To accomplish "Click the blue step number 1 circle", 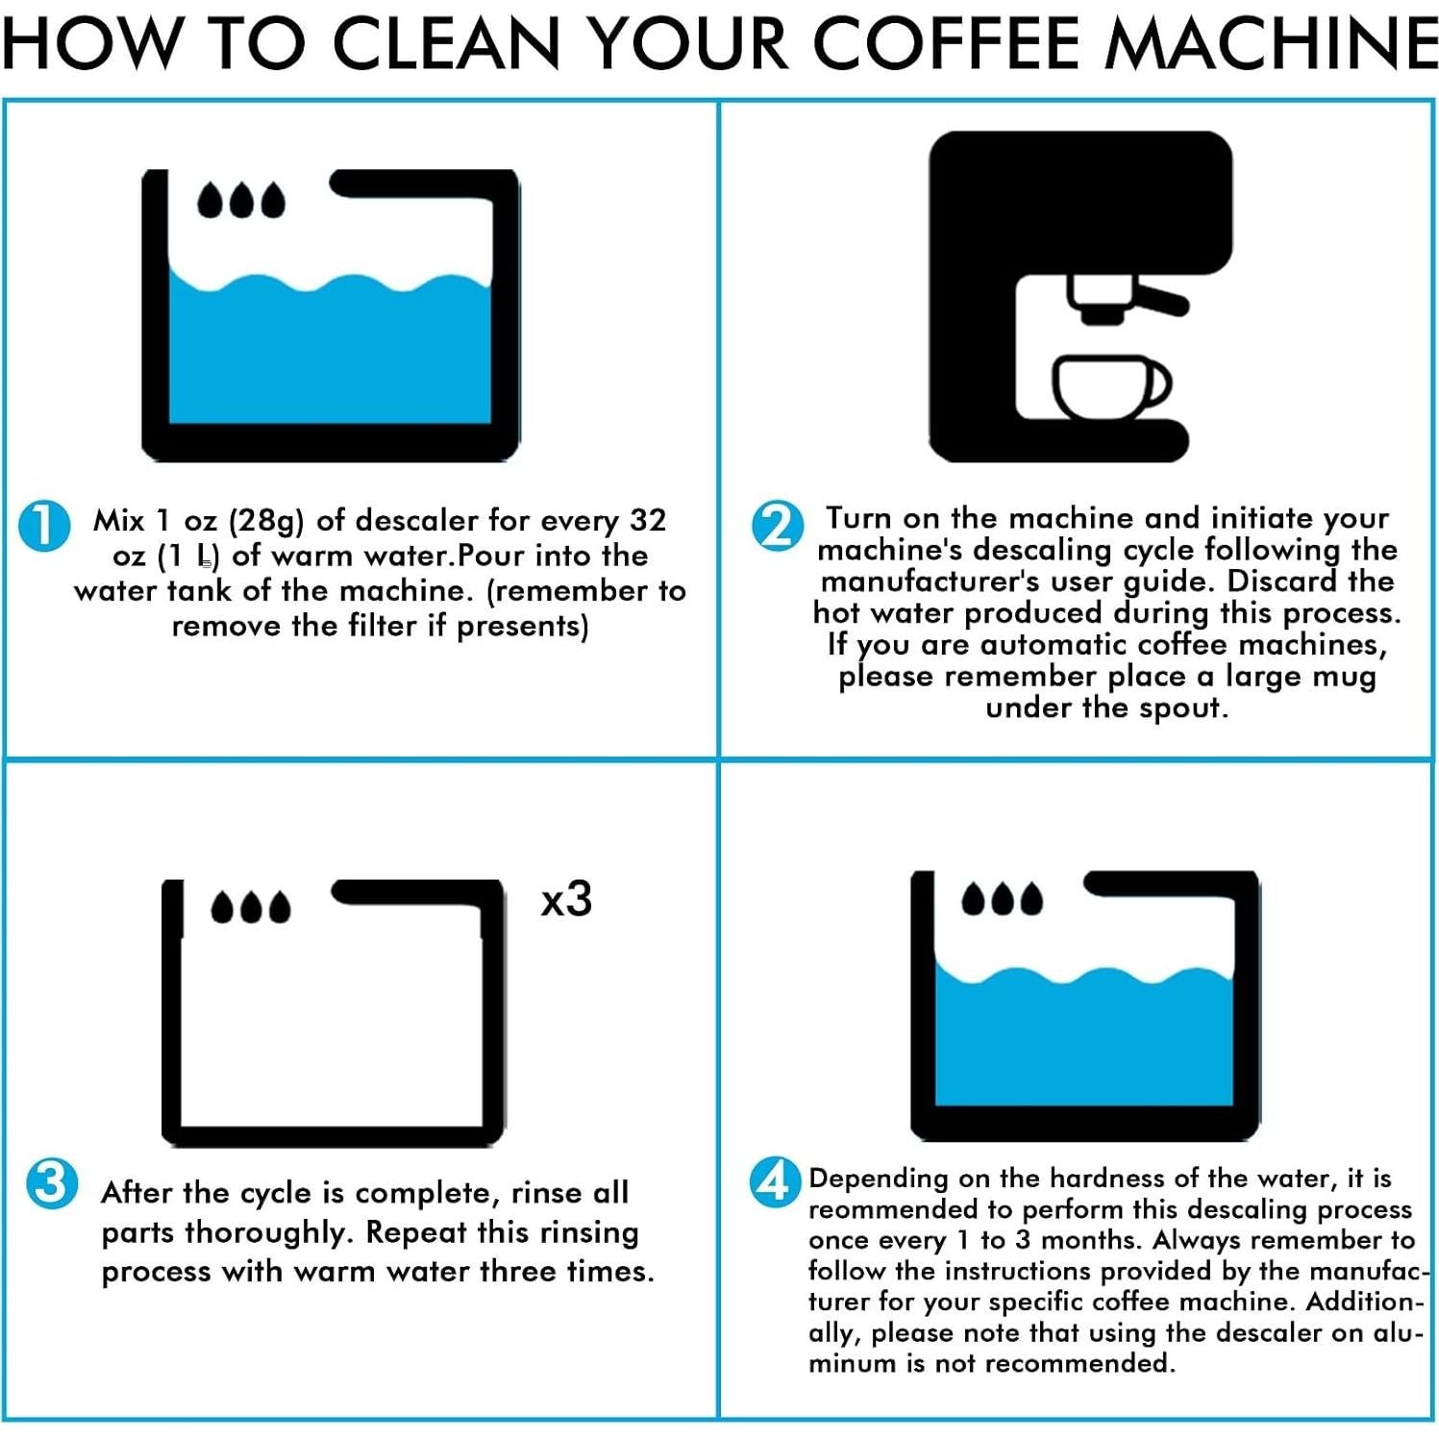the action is (44, 526).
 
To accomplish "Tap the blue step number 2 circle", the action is (777, 526).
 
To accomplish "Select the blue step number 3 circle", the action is (51, 1183).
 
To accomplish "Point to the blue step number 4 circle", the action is (775, 1182).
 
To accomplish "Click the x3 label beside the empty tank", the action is (566, 900).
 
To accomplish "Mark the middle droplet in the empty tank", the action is (251, 906).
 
